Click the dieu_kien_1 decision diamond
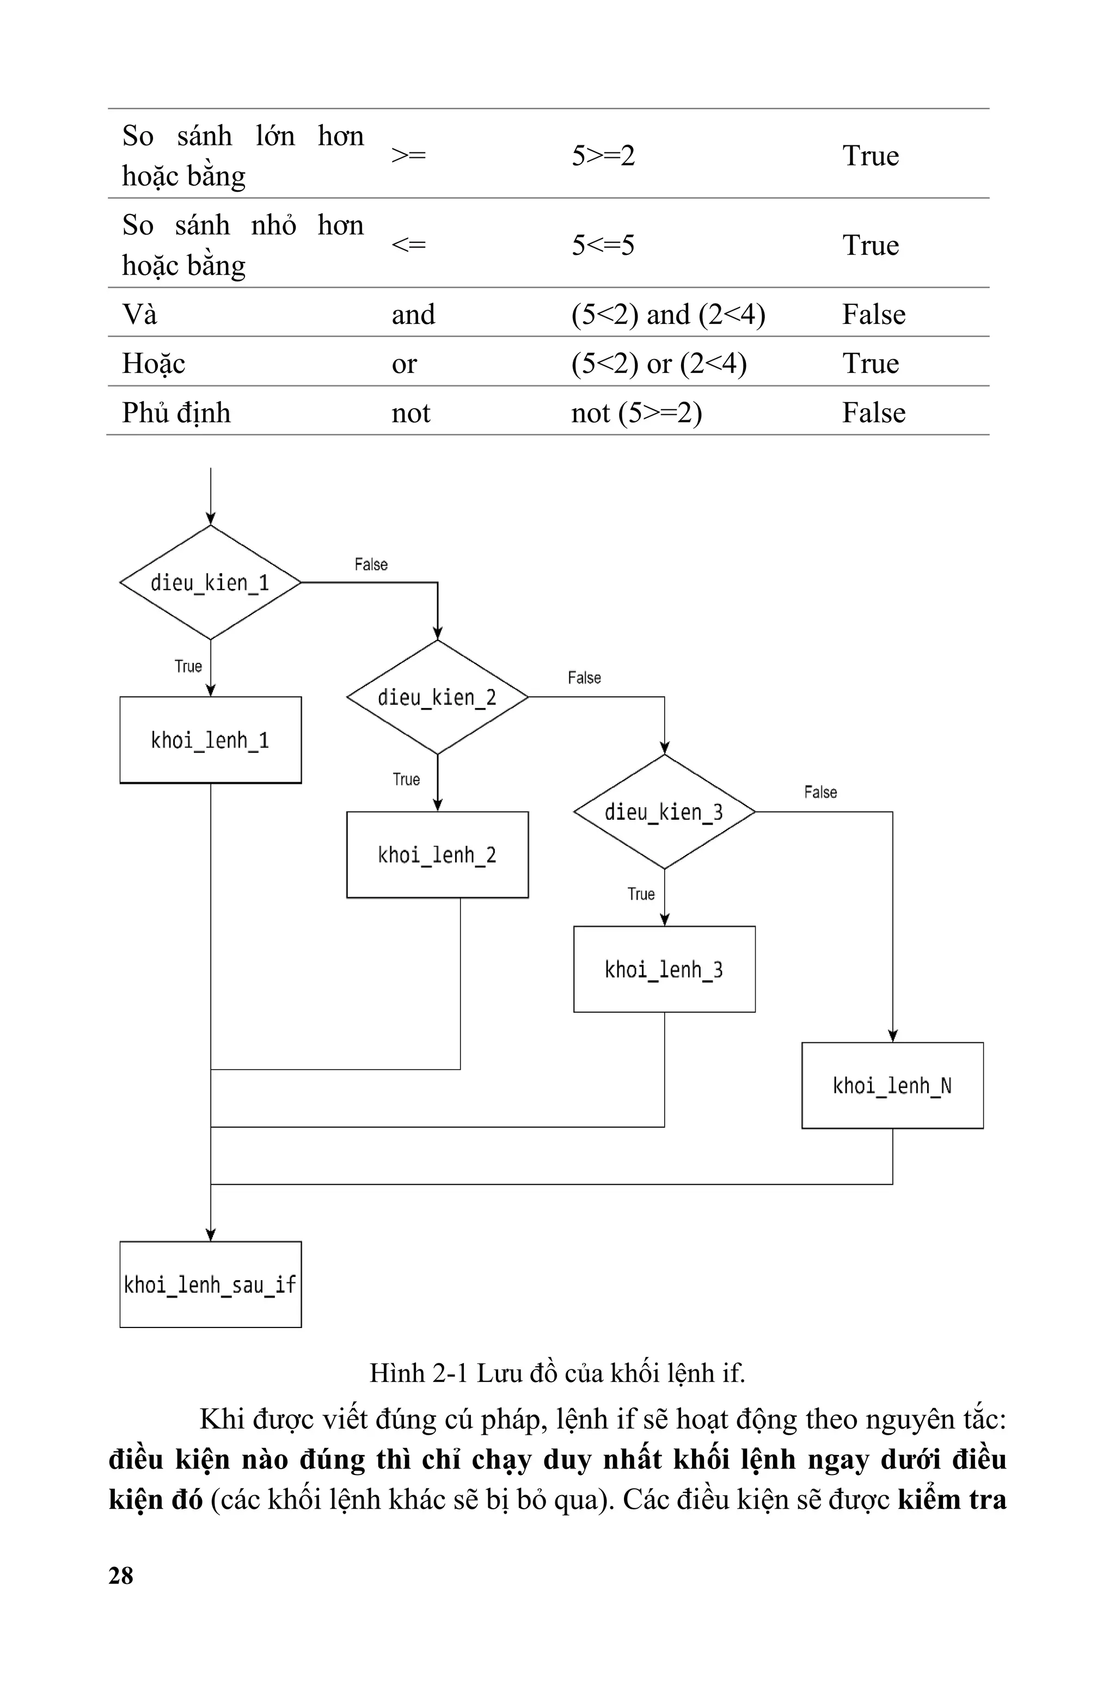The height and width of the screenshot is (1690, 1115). click(x=210, y=583)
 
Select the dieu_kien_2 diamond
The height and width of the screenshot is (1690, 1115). click(x=437, y=697)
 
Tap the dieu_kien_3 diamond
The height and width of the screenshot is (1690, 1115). click(x=664, y=812)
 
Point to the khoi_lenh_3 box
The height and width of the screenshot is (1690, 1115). click(x=664, y=969)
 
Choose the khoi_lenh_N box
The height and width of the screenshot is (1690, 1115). click(x=892, y=1085)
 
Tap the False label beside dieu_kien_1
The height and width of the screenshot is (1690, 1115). click(x=370, y=564)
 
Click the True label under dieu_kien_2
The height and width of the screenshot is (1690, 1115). click(x=406, y=779)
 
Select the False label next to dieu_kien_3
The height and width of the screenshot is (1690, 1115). click(x=820, y=792)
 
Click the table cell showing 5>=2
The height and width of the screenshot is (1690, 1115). click(x=603, y=155)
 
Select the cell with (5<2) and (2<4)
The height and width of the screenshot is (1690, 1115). click(x=667, y=314)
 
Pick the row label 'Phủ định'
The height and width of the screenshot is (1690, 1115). click(x=176, y=412)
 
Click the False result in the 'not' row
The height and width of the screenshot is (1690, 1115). click(x=873, y=412)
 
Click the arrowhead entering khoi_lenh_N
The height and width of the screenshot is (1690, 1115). click(x=892, y=1035)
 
